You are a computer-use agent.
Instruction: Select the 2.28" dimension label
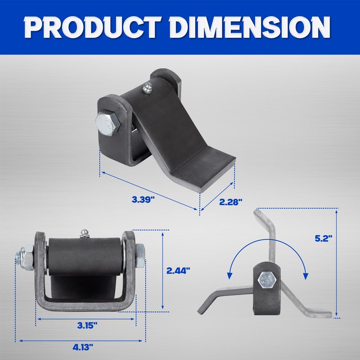pyautogui.click(x=230, y=202)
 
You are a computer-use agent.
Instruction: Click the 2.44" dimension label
pyautogui.click(x=178, y=270)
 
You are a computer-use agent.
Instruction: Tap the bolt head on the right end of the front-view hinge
pyautogui.click(x=140, y=256)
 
